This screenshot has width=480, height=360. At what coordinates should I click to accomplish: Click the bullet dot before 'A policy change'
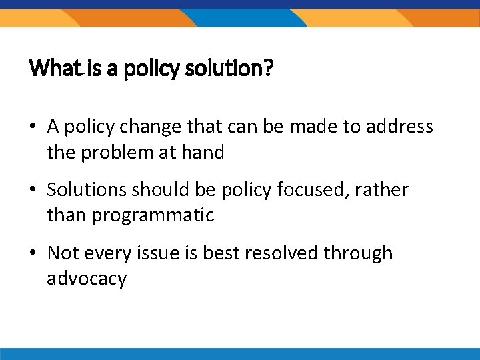point(33,127)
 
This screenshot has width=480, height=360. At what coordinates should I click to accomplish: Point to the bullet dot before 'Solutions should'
point(33,190)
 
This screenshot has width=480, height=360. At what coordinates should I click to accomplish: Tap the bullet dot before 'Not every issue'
point(33,253)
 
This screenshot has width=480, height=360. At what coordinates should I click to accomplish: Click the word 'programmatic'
point(153,216)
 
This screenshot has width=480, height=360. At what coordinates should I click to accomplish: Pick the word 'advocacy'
point(87,279)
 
